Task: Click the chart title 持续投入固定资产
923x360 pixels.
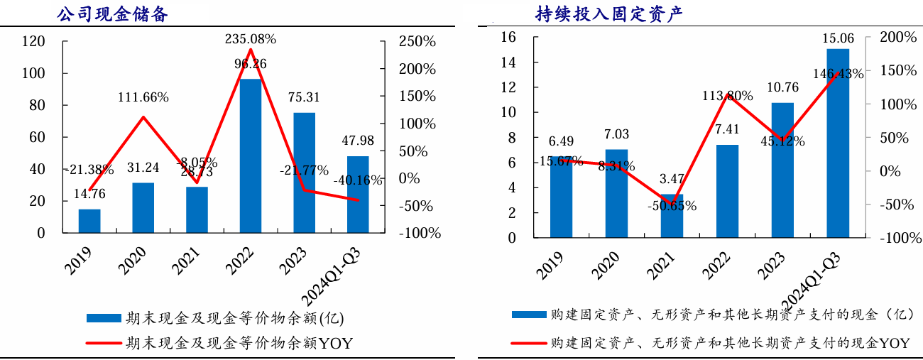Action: click(x=608, y=13)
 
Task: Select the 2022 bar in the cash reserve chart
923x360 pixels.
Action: click(x=251, y=156)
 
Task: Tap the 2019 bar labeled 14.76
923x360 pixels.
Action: click(x=89, y=221)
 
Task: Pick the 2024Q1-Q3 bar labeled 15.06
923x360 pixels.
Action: click(x=838, y=143)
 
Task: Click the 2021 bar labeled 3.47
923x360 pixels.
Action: click(x=672, y=216)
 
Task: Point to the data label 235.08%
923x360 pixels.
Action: click(x=250, y=38)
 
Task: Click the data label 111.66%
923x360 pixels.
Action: click(x=143, y=97)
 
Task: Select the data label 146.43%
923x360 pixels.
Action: click(x=838, y=73)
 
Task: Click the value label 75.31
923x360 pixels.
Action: click(x=304, y=97)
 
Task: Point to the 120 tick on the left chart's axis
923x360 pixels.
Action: click(x=34, y=42)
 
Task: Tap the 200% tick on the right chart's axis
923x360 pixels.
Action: click(x=897, y=37)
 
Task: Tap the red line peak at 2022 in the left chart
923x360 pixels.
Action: click(x=251, y=49)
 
